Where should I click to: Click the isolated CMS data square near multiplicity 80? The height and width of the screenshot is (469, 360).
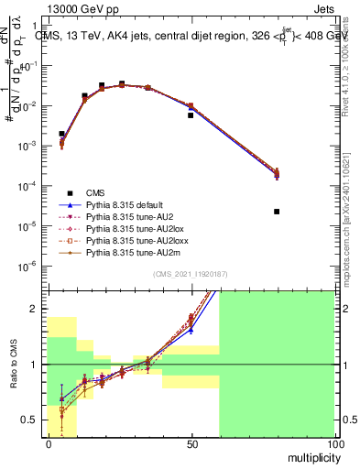(277, 212)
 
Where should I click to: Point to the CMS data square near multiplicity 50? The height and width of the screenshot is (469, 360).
(191, 115)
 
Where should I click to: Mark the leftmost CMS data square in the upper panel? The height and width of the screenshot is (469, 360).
(61, 134)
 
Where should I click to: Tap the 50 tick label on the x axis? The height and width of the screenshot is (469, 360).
(191, 443)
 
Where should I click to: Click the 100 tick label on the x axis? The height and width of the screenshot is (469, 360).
(334, 443)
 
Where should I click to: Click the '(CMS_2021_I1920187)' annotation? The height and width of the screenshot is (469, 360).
(191, 274)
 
